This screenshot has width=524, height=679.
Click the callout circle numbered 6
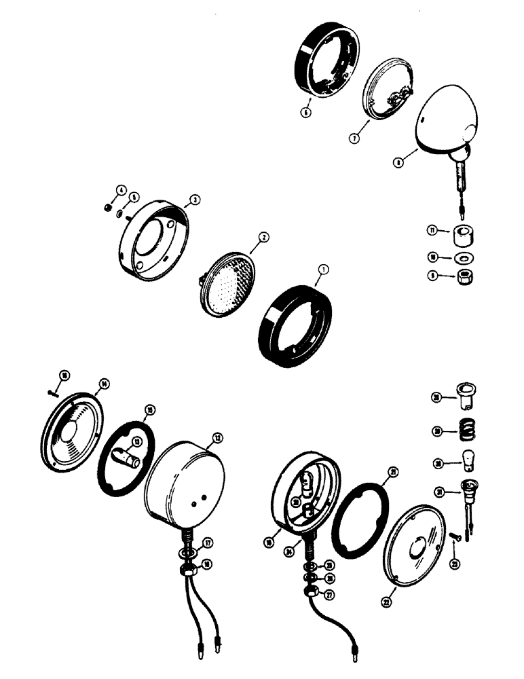(x=306, y=113)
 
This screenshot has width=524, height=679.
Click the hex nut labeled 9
(x=466, y=277)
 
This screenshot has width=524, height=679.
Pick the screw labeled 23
(x=453, y=536)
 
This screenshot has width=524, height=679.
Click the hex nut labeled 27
(x=310, y=592)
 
